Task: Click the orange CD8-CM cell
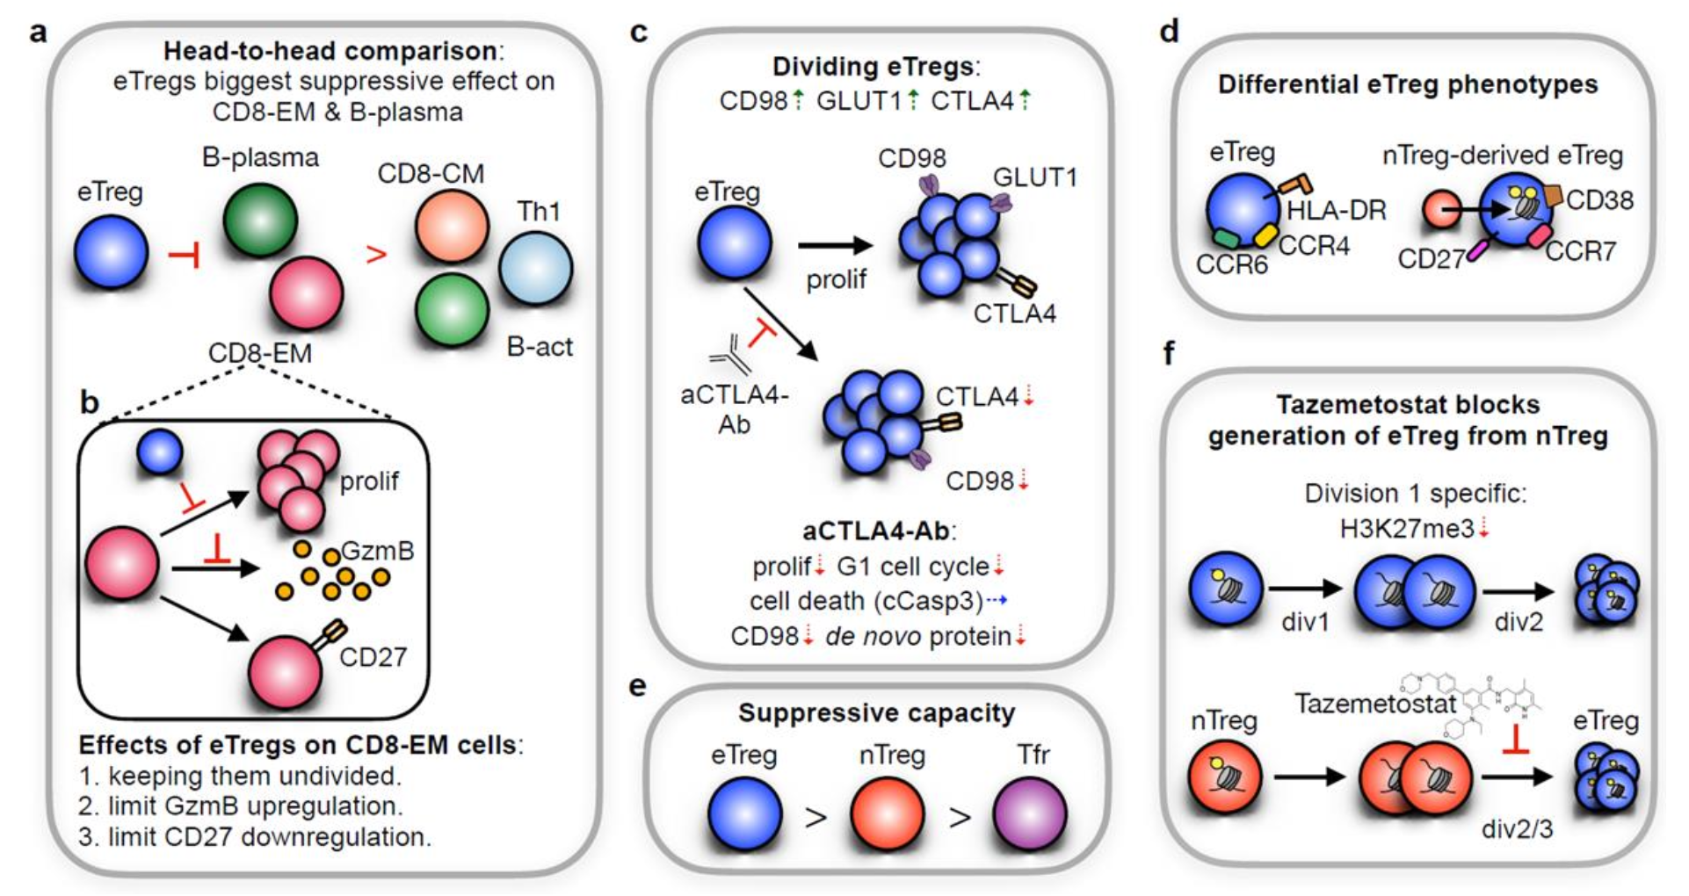[452, 227]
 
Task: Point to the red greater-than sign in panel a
[376, 255]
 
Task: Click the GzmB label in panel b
[377, 551]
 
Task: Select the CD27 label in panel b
[373, 657]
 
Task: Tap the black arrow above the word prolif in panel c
[835, 246]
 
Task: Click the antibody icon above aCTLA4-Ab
[729, 355]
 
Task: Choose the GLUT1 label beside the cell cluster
[1034, 177]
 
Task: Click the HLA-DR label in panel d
[1336, 211]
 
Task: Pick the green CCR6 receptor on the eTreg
[1225, 238]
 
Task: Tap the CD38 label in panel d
[1599, 200]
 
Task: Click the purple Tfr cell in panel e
[1030, 813]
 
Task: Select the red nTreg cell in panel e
[888, 813]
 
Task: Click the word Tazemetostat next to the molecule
[1375, 704]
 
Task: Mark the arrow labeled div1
[1305, 589]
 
